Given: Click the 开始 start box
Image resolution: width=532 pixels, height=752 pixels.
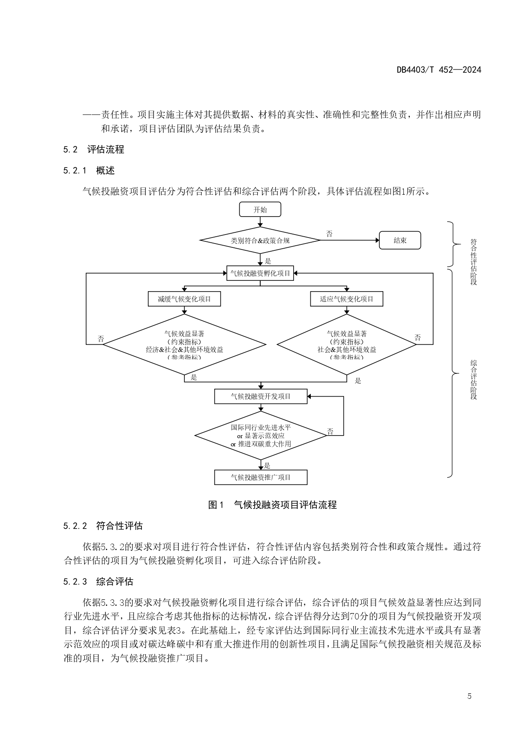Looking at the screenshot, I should (x=260, y=210).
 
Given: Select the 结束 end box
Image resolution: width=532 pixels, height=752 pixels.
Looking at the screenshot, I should (x=400, y=241).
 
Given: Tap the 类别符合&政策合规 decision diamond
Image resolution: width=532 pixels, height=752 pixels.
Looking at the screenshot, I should (x=260, y=241).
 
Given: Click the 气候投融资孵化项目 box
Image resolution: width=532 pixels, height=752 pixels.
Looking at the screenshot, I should (x=260, y=273).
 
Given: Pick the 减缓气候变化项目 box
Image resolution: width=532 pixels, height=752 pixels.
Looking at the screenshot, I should (x=184, y=299).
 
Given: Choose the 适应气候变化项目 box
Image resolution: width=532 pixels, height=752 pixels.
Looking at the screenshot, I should (x=346, y=299).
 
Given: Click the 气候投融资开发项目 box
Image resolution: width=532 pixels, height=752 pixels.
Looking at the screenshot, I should (x=261, y=397).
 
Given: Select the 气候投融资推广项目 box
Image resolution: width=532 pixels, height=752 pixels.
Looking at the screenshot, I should (x=261, y=477).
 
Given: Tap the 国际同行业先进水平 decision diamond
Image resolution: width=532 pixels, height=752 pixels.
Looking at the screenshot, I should (x=261, y=436).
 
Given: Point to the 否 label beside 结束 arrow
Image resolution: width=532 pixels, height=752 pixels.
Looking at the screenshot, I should (x=329, y=234).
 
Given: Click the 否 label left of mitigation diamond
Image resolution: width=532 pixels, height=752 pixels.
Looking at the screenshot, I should (x=101, y=339).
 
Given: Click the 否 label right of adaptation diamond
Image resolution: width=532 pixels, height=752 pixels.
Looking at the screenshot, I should (x=418, y=338).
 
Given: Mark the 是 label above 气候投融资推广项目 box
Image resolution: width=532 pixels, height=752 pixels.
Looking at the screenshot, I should (x=267, y=466).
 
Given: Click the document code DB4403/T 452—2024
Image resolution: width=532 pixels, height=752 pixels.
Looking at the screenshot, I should (x=439, y=69).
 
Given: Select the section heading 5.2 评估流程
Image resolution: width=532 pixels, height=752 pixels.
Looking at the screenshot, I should (x=93, y=150).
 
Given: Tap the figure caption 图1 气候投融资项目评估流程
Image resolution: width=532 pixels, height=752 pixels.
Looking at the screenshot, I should (x=272, y=505).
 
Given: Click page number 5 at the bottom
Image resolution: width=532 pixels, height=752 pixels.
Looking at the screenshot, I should (x=469, y=696).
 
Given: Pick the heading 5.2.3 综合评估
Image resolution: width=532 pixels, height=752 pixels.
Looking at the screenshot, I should (x=98, y=581).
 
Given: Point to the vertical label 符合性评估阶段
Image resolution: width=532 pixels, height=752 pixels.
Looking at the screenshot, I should (x=473, y=262).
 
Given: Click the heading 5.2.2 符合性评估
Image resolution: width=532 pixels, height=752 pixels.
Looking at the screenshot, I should (x=103, y=526).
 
